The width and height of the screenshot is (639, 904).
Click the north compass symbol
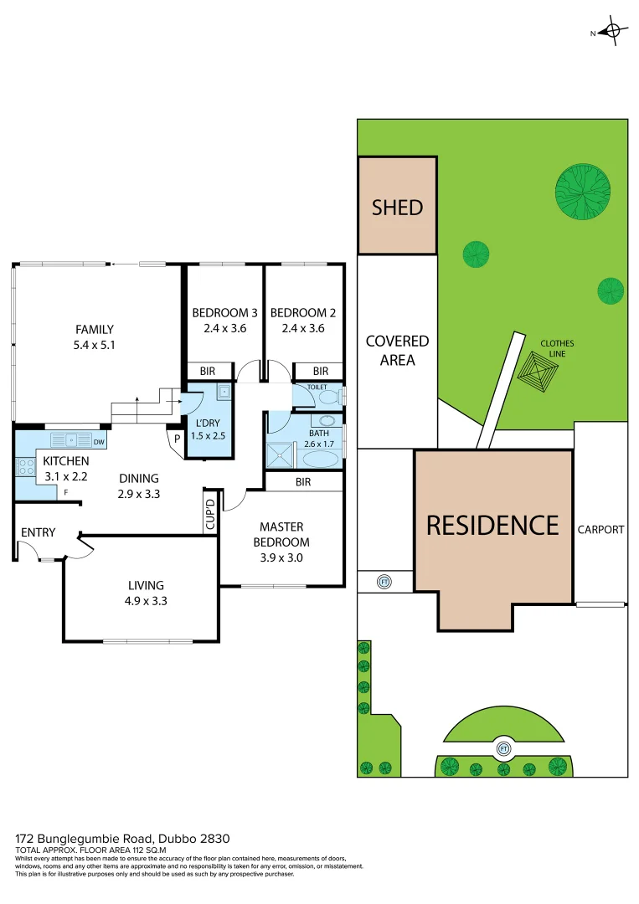(x=613, y=33)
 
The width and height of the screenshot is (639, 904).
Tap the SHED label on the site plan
(x=397, y=207)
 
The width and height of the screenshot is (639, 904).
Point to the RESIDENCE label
(x=492, y=525)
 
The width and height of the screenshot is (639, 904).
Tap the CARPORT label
(x=600, y=530)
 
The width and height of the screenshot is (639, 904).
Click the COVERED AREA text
(x=397, y=351)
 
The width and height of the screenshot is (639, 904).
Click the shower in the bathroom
(x=277, y=455)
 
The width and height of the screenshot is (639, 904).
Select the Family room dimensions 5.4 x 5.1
(x=94, y=344)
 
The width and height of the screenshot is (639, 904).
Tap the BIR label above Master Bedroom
(x=303, y=482)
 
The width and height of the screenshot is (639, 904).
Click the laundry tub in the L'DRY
(x=224, y=391)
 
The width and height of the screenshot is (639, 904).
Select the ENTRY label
(x=39, y=532)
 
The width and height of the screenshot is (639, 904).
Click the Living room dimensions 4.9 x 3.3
(x=146, y=600)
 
